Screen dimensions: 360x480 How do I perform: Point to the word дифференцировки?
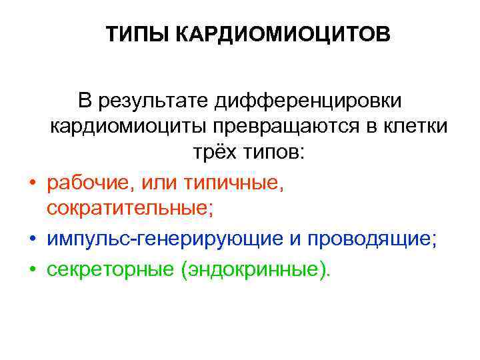(x=309, y=101)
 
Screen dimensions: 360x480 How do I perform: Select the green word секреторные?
(x=107, y=269)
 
